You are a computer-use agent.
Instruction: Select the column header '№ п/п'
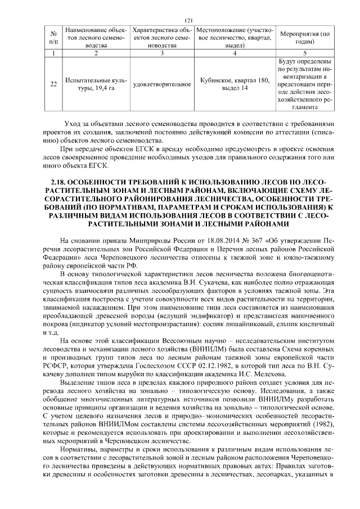[53, 37]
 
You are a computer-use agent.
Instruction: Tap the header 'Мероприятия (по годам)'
[305, 37]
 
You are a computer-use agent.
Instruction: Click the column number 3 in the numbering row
[161, 53]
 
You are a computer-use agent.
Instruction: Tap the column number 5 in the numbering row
[305, 53]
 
